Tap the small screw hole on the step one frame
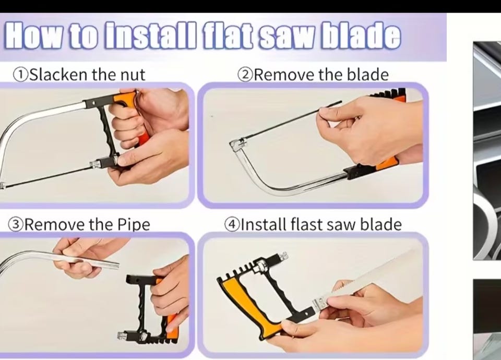[93, 103]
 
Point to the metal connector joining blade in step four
[319, 303]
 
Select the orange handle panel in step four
[242, 307]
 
